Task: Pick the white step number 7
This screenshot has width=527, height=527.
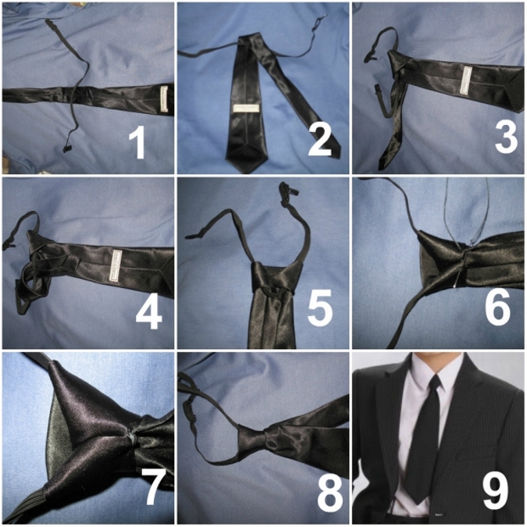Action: [x=153, y=486]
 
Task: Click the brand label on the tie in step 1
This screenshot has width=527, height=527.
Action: [x=164, y=99]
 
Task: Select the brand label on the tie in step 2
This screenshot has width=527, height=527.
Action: [x=247, y=109]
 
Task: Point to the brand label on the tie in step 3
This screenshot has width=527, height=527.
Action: [x=466, y=80]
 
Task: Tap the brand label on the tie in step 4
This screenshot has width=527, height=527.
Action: [x=116, y=265]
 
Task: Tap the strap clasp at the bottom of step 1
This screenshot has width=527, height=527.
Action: [x=69, y=148]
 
